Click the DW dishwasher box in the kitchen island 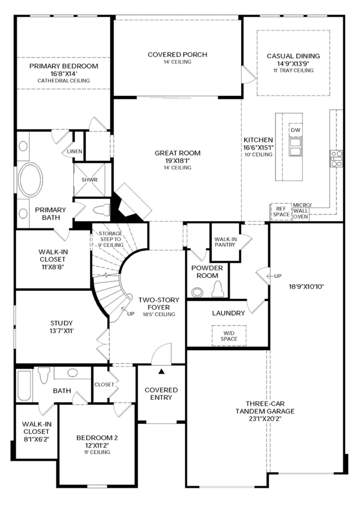(x=295, y=130)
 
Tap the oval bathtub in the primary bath (x=30, y=179)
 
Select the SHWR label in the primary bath (x=90, y=180)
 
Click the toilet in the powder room (x=218, y=289)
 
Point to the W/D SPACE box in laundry (x=229, y=335)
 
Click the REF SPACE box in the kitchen (x=281, y=212)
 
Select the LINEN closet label (x=74, y=151)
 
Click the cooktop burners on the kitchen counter (x=336, y=159)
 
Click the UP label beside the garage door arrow (x=278, y=276)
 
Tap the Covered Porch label (x=177, y=55)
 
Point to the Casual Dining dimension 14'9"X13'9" (x=294, y=63)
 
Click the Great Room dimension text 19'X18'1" (x=177, y=161)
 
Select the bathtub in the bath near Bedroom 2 (x=24, y=386)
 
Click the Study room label (x=61, y=323)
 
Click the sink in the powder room (x=197, y=292)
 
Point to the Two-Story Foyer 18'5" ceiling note (x=159, y=314)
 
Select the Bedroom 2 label (x=97, y=438)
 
